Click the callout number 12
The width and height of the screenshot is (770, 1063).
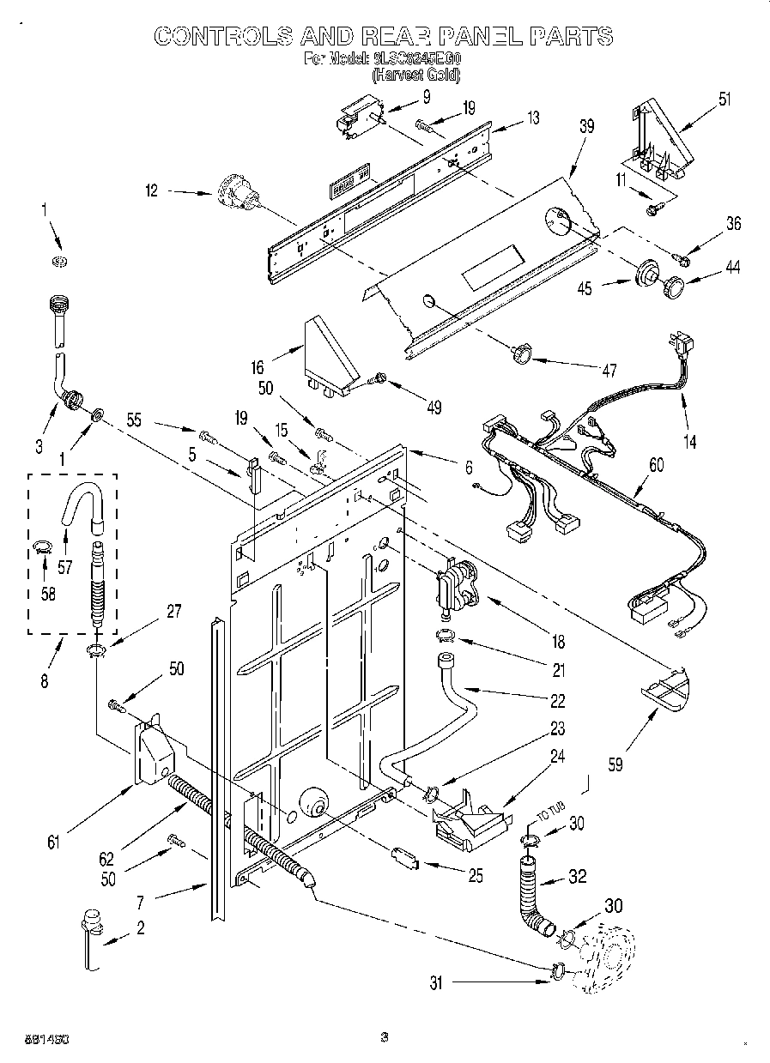(151, 192)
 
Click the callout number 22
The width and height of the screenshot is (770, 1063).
(557, 701)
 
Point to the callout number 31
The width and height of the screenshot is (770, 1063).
(437, 985)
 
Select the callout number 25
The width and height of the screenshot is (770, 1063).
(474, 876)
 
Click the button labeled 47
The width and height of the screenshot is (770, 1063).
(520, 353)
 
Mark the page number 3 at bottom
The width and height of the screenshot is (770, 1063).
(385, 1037)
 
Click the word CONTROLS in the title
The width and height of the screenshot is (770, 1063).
(221, 36)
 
